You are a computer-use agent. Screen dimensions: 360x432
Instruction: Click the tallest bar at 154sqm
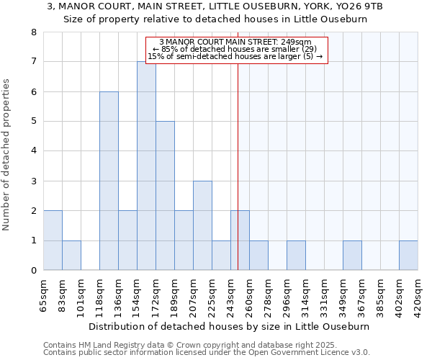coord(146,166)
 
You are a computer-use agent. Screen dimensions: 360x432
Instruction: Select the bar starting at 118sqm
coord(109,181)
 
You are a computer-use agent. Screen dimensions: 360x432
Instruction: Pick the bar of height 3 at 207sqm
coord(202,225)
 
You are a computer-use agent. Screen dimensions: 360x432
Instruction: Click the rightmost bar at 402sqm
coord(408,256)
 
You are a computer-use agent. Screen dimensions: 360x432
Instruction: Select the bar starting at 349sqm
coord(352,256)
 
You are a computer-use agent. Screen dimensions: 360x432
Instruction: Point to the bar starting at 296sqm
coord(296,256)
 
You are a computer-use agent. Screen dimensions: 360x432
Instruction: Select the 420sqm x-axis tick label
coord(418,295)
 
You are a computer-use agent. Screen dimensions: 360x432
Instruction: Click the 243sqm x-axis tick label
coord(231,295)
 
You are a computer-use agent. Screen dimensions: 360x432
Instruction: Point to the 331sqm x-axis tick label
coord(325,295)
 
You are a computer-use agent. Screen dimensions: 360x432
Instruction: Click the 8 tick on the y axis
coord(33,32)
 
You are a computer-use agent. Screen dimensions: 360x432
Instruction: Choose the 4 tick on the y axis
coord(33,151)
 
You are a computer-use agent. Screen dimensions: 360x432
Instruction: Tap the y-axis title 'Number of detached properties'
coord(7,155)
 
